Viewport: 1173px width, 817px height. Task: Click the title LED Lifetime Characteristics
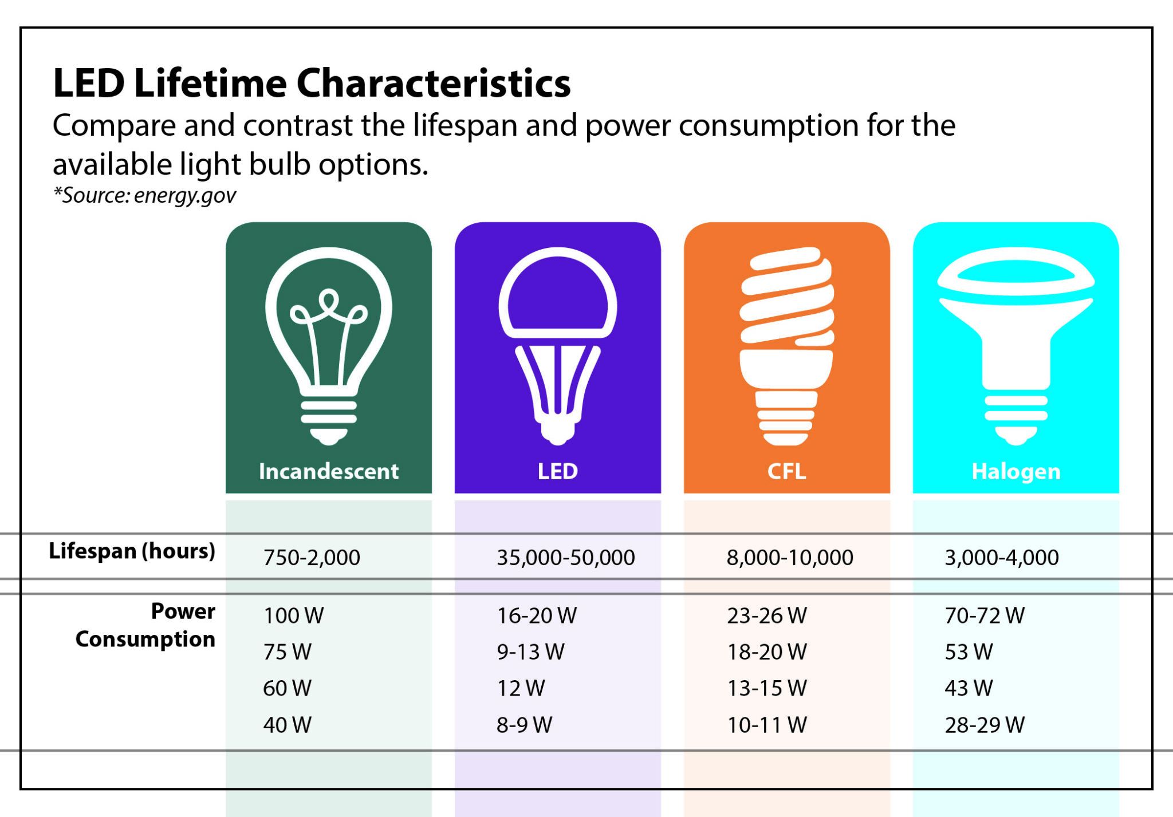(312, 84)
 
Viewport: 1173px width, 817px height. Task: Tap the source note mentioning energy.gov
(144, 195)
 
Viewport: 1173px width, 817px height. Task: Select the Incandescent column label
(328, 471)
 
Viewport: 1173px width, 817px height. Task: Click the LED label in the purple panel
(557, 471)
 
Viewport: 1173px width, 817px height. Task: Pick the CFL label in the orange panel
(786, 471)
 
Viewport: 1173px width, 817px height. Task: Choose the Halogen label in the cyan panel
(1015, 471)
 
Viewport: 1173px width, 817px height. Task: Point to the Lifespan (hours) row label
(132, 551)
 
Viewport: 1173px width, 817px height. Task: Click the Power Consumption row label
(146, 625)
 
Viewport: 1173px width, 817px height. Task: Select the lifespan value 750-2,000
(312, 557)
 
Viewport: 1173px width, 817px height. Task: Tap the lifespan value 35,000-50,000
(565, 557)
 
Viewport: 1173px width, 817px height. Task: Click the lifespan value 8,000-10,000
(790, 557)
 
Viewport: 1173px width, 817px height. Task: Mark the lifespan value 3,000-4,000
(1002, 557)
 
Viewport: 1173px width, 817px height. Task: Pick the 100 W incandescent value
(293, 615)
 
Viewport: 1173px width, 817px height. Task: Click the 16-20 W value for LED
(537, 615)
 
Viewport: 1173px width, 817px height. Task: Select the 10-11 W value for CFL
(767, 725)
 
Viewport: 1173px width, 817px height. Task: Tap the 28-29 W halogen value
(985, 725)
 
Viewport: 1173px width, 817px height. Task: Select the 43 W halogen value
(969, 688)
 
